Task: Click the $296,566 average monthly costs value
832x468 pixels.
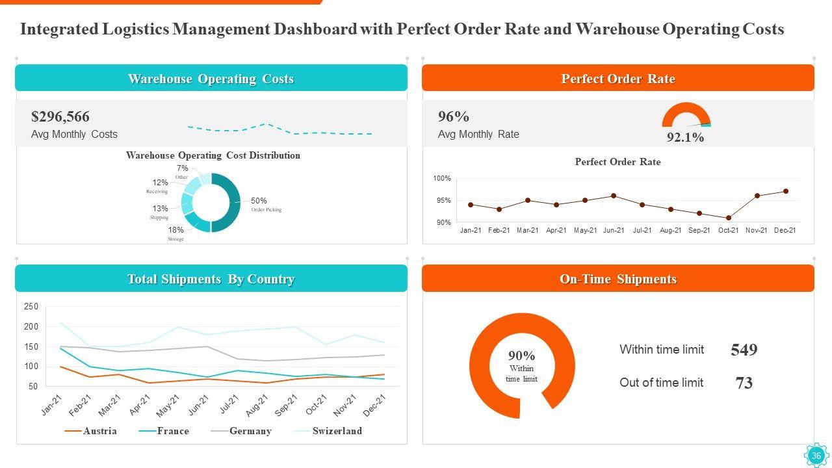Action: pos(60,117)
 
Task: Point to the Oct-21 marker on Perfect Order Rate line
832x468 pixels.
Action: pos(729,218)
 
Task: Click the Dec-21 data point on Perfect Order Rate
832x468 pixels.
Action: pos(786,191)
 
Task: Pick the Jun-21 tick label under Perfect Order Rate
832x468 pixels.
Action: pos(614,230)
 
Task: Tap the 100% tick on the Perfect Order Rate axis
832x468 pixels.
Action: pos(442,178)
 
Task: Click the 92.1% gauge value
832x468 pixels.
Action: pos(685,138)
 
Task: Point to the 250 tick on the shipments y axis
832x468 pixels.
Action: pos(31,306)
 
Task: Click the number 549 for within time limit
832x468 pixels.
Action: pos(744,350)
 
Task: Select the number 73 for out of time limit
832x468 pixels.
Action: pos(744,383)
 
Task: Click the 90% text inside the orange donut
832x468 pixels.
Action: pos(521,356)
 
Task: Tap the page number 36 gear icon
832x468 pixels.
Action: pos(816,456)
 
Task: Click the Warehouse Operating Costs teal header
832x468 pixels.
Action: pos(211,79)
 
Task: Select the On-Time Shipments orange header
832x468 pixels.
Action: pos(618,279)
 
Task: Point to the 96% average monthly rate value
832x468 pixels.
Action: pos(454,117)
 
